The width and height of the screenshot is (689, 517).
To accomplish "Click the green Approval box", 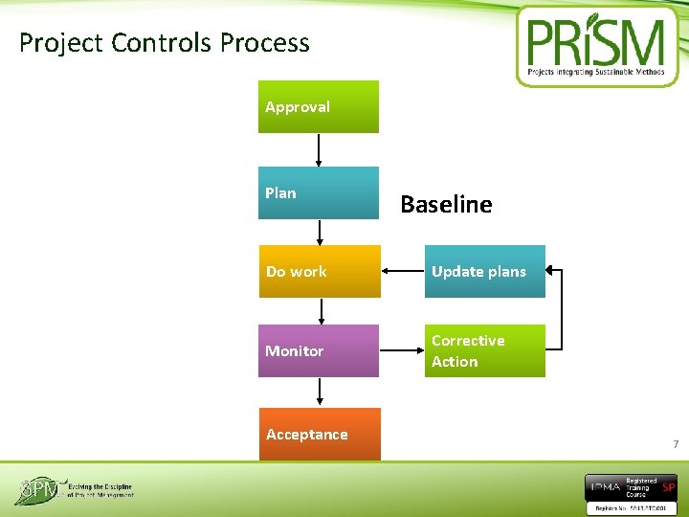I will (318, 106).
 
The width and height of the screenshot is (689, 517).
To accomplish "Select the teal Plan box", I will (318, 193).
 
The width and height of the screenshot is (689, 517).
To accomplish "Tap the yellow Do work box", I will (319, 271).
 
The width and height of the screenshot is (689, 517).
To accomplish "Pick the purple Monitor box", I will (319, 350).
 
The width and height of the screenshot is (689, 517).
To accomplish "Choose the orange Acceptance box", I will (319, 434).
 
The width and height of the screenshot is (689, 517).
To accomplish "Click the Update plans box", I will (484, 271).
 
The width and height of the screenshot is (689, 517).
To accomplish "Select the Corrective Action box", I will (484, 350).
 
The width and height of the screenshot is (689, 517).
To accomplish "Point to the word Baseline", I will (446, 204).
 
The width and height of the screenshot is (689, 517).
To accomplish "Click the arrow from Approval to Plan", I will (319, 149).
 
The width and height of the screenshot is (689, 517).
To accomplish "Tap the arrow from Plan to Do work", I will (319, 232).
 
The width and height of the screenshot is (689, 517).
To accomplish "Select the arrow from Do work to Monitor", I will (321, 311).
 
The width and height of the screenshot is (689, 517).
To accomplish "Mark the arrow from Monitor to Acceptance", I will (320, 392).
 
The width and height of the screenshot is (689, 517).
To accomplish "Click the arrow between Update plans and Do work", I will (403, 271).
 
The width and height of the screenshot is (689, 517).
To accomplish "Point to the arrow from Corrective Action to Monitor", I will (403, 350).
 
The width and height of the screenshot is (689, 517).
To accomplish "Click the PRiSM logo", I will (597, 45).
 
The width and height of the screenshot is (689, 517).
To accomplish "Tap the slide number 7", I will (676, 444).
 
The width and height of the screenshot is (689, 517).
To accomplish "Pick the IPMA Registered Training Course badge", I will (631, 490).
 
